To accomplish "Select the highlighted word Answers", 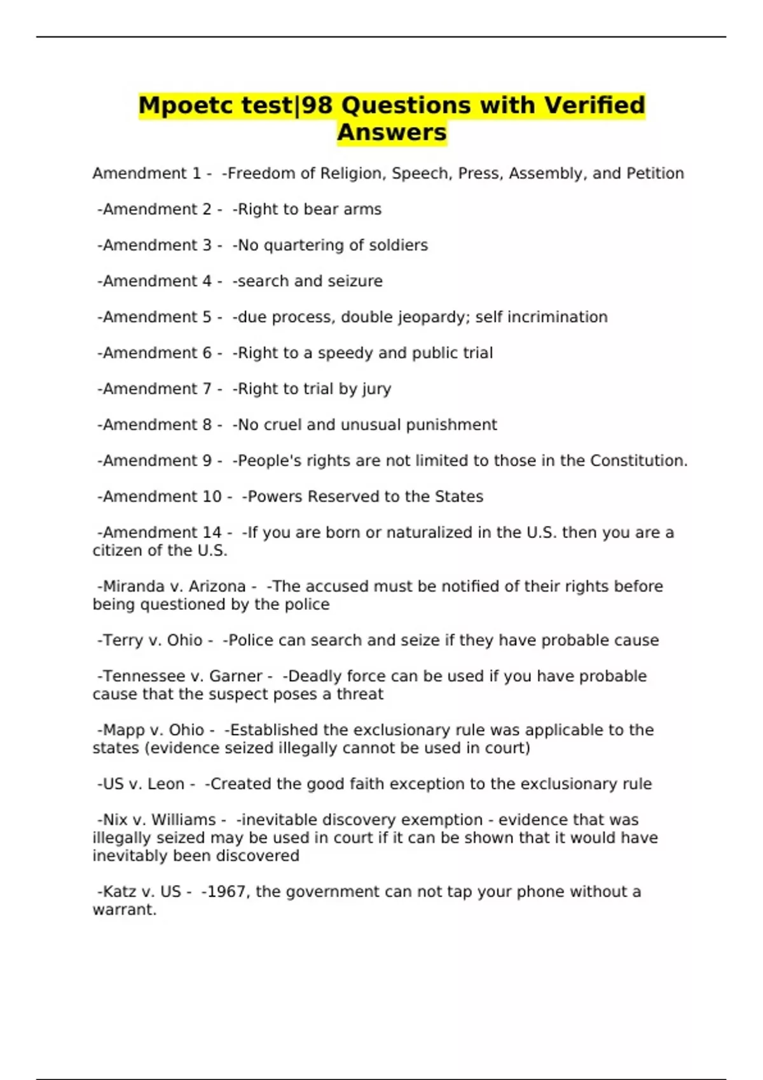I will [392, 133].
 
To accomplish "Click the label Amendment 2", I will [157, 210].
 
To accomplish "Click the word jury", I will [376, 389].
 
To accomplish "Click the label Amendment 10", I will [162, 497].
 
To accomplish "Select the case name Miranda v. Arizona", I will [174, 586].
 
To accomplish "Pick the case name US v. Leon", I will [144, 784].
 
